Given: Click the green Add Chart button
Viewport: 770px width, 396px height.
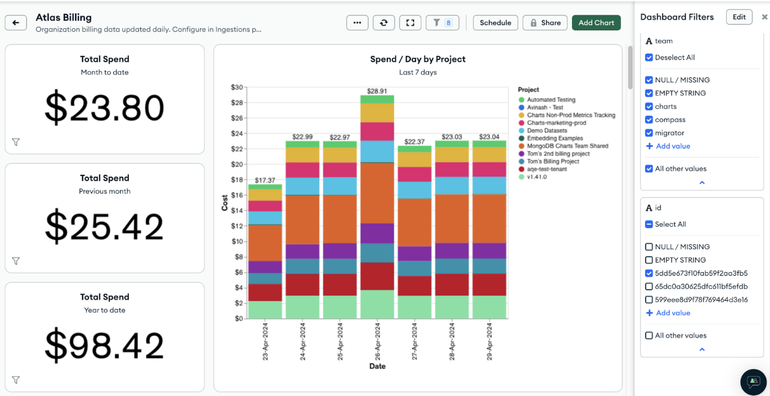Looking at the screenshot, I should (596, 23).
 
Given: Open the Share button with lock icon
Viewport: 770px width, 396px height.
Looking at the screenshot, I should (545, 23).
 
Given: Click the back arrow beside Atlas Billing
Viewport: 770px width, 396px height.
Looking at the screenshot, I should (16, 23).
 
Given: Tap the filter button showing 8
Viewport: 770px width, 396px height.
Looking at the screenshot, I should (442, 23).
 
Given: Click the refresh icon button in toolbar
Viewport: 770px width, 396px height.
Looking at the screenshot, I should (384, 23).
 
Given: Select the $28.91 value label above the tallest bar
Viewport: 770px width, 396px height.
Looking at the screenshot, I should (377, 91).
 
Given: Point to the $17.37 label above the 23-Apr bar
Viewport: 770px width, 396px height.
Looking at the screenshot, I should (265, 180).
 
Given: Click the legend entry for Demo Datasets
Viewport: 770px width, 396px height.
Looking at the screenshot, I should (547, 130).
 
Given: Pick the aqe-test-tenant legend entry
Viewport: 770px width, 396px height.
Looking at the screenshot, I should (547, 169).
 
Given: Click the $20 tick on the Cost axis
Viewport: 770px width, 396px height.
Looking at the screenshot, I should (237, 164).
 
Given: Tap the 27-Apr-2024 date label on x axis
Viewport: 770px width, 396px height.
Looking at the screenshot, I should (414, 341).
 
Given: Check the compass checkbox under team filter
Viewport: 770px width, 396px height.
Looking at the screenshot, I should (649, 120).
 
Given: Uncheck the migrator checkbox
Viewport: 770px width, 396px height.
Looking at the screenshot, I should (649, 133).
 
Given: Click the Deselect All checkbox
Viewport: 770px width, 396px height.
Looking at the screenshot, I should (649, 58).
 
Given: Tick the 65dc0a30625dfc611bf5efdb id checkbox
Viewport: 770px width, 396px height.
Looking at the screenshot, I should (649, 286).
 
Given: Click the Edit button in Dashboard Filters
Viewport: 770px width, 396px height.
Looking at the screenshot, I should (739, 17).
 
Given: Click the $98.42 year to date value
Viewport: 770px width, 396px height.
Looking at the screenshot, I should (104, 345).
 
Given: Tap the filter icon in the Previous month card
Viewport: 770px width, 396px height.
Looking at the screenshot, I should (16, 261).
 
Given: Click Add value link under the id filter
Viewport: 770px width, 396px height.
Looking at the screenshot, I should (673, 313).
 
